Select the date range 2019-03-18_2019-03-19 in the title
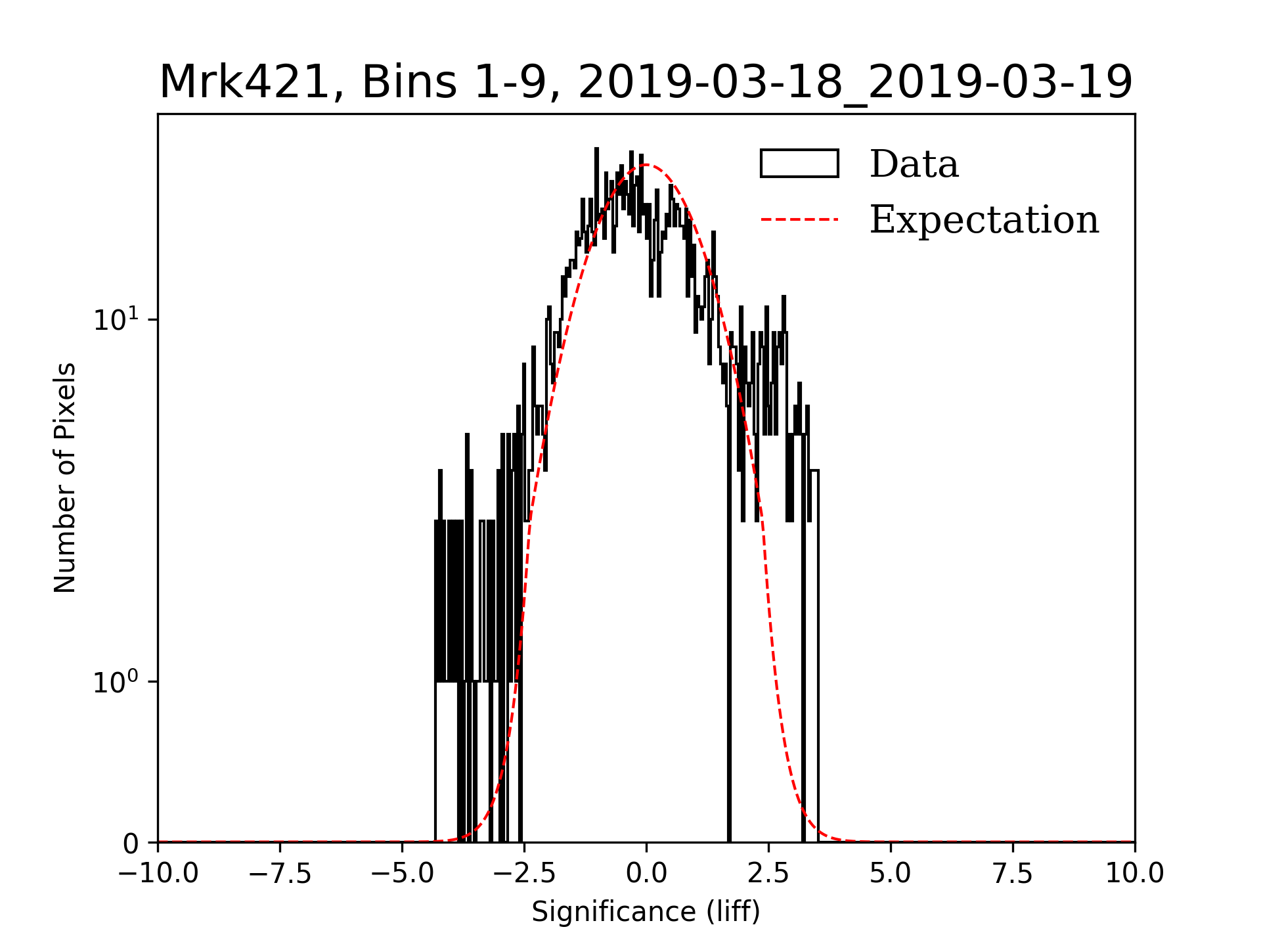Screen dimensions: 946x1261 855,83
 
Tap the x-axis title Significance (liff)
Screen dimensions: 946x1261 646,912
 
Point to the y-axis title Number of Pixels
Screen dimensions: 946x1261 65,478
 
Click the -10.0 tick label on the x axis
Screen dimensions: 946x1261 158,874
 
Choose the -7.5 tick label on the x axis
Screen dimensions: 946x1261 280,874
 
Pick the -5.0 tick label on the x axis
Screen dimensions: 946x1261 403,874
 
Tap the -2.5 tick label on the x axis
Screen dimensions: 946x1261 525,874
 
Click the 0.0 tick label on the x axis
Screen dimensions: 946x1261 646,874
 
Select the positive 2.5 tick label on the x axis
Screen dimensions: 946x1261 768,874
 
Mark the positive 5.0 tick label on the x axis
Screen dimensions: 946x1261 891,874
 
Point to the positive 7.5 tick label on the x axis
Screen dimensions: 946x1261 1013,874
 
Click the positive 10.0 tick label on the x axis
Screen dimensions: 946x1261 1135,874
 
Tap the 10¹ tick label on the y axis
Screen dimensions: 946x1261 117,319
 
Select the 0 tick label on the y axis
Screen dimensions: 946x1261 131,844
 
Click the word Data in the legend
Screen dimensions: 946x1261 914,164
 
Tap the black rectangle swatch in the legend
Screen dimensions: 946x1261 799,164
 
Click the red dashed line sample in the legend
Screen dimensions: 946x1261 799,219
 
